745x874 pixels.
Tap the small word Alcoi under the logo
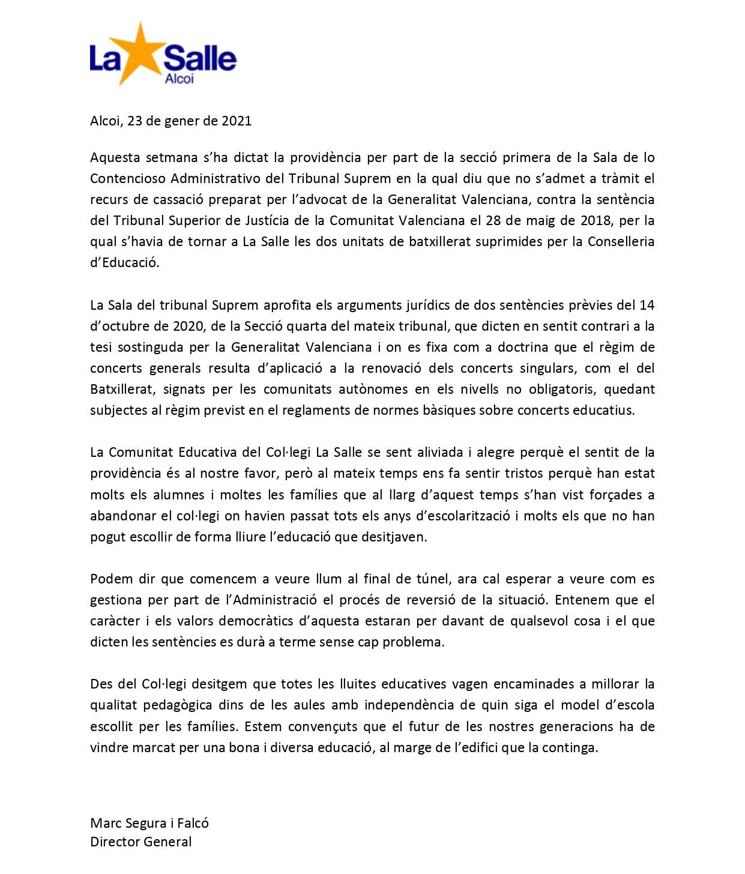tap(179, 79)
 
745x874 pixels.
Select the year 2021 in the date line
tap(237, 121)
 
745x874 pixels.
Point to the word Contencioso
tap(128, 178)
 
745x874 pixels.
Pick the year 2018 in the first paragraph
tap(596, 220)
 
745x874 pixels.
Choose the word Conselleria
tap(621, 241)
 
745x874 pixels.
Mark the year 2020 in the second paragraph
tap(188, 326)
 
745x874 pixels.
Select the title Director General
tap(141, 842)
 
